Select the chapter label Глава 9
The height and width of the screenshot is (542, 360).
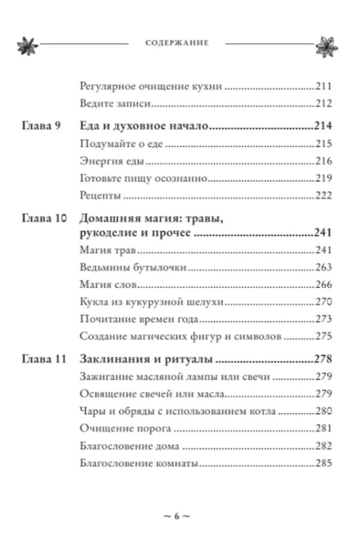point(38,126)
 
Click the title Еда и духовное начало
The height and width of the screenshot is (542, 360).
point(137,126)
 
